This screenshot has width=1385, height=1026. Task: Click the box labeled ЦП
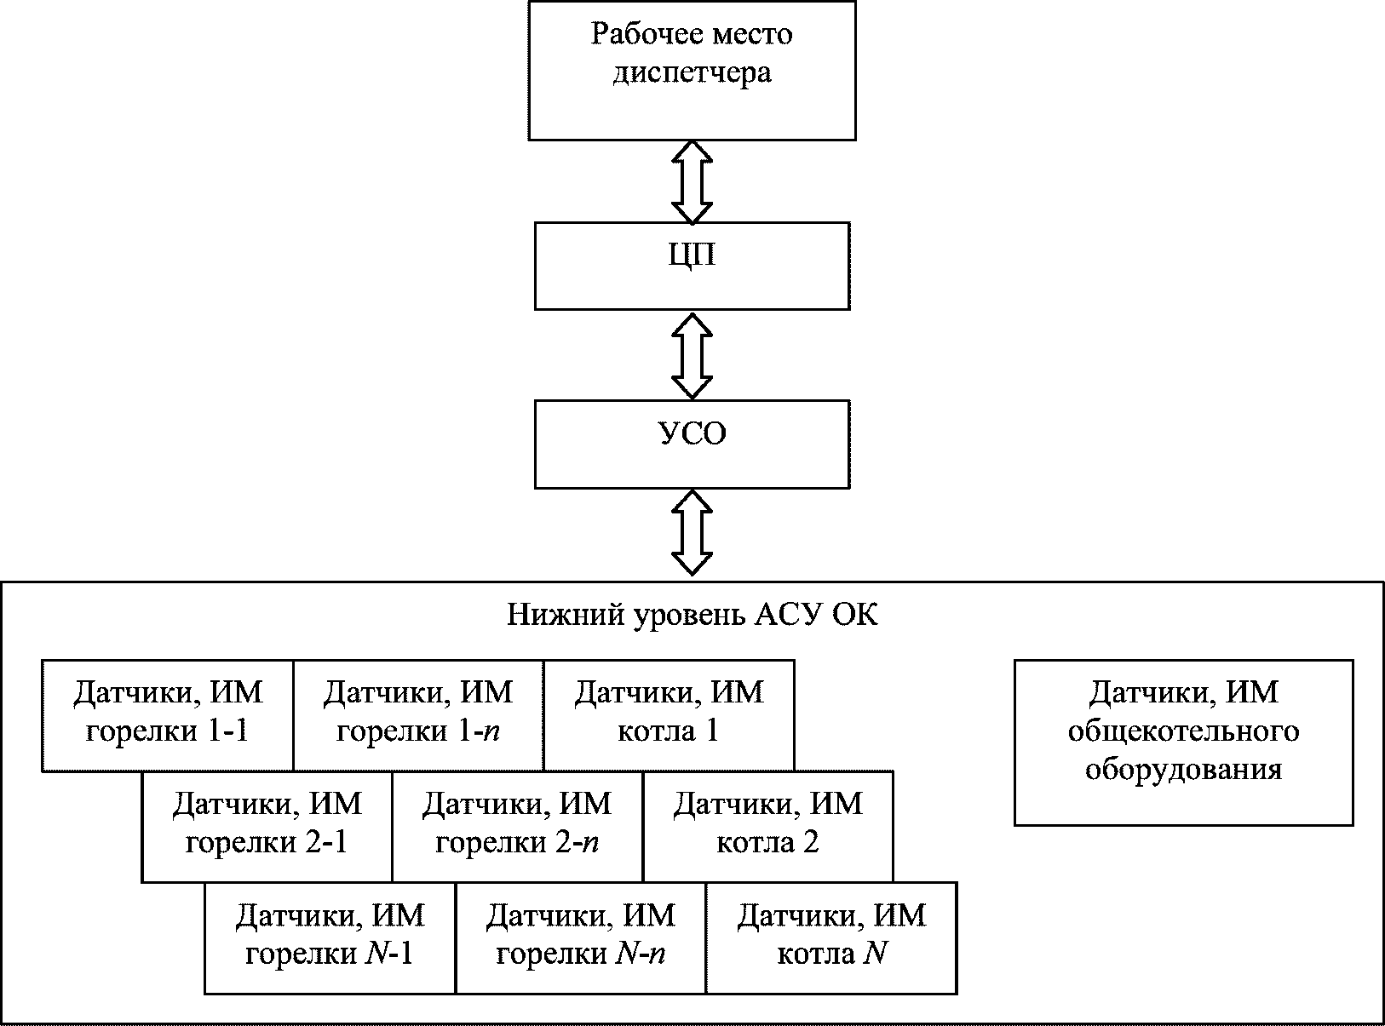692,266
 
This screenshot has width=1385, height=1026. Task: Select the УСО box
692,444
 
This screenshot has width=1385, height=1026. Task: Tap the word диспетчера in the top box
692,73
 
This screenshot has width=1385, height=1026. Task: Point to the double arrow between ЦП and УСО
692,355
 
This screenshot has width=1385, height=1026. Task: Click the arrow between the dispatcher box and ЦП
692,181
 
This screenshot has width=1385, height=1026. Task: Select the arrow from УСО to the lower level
692,533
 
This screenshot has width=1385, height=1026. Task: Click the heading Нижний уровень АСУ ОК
692,615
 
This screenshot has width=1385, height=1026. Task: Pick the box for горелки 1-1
167,715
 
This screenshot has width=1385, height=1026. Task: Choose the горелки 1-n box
418,715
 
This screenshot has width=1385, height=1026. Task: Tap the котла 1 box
669,715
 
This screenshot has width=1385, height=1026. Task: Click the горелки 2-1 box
267,827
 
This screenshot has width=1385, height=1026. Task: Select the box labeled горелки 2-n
518,827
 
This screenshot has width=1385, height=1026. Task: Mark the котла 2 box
768,827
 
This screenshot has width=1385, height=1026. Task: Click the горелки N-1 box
330,938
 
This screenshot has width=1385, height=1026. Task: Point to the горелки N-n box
581,938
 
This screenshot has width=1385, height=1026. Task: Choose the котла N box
831,938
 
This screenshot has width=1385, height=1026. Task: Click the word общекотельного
1183,731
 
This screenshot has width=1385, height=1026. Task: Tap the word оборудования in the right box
1183,771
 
